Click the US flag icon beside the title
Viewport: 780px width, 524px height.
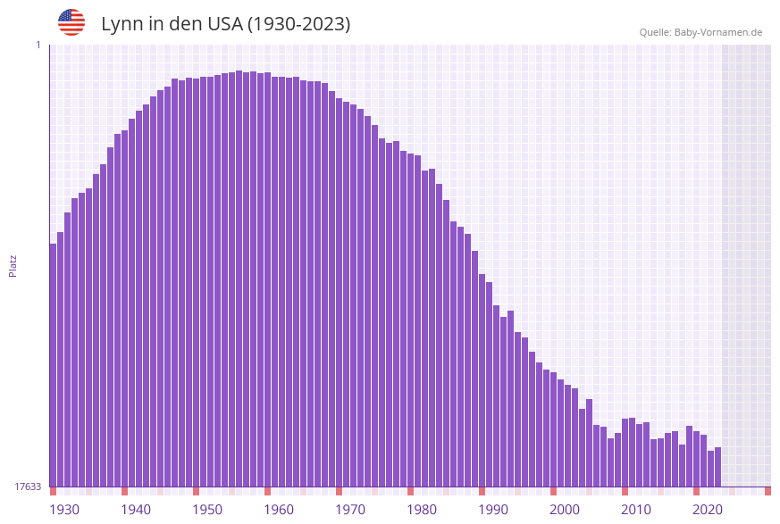point(71,22)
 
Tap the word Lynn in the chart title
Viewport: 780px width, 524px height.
point(122,24)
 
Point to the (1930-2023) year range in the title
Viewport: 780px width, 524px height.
point(299,24)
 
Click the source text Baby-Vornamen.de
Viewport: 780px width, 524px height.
point(718,32)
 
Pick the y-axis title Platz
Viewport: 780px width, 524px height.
point(13,265)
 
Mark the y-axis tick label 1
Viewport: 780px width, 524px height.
point(38,45)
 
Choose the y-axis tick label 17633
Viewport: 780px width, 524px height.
point(28,487)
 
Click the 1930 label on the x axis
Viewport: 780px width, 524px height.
point(64,510)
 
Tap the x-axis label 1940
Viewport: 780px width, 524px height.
point(136,510)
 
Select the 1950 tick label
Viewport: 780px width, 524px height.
point(207,510)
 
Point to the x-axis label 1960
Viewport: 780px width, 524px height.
point(279,510)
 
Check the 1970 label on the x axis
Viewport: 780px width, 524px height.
point(350,510)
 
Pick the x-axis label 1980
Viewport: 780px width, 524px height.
point(422,510)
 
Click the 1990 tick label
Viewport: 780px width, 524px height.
point(493,510)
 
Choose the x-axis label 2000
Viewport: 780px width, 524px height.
point(565,510)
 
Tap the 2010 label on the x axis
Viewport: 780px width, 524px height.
point(636,510)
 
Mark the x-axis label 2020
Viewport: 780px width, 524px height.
point(708,510)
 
